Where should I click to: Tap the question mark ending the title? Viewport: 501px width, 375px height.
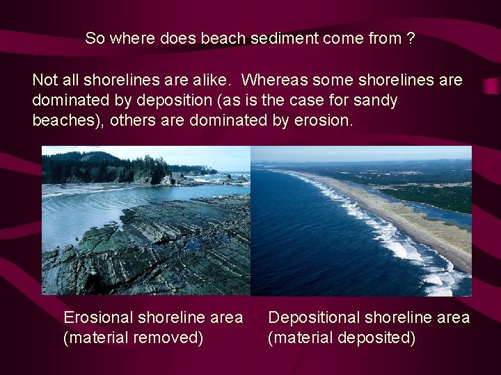click(411, 38)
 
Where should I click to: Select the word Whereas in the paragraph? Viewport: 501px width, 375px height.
click(273, 81)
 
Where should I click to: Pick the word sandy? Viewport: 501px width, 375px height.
click(375, 101)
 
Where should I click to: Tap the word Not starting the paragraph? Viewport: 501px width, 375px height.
click(45, 81)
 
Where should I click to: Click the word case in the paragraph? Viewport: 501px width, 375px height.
click(312, 101)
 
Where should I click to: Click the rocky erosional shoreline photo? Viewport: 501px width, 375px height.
click(146, 243)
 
